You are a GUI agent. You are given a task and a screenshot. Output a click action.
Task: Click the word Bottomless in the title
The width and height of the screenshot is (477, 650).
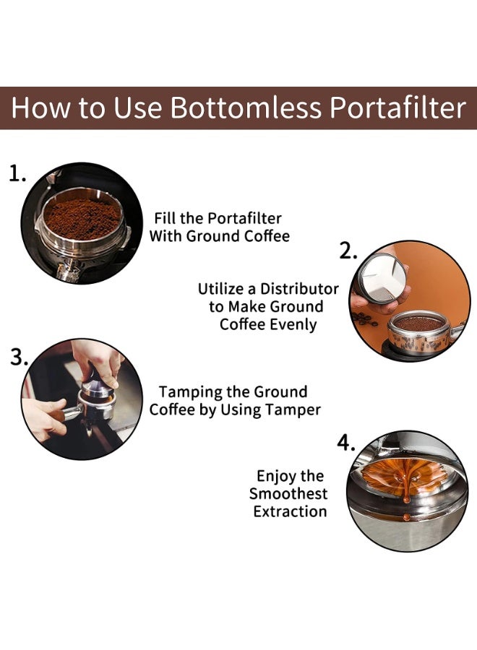tap(246, 108)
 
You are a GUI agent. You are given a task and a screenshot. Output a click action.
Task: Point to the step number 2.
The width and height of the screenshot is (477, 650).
tap(349, 251)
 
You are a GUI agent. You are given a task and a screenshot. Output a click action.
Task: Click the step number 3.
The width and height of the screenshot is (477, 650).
tap(20, 357)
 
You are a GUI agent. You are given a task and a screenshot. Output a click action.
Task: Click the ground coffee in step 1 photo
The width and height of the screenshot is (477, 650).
tap(82, 218)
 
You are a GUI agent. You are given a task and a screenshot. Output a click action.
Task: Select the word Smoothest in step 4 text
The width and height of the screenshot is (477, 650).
tap(288, 494)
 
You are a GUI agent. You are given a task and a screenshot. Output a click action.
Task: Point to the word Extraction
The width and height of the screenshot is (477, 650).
tap(290, 511)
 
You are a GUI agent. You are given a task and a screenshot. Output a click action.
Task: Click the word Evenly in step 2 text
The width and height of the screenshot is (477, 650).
tap(293, 324)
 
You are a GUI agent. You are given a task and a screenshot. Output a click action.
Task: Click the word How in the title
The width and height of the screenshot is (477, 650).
tap(40, 108)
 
